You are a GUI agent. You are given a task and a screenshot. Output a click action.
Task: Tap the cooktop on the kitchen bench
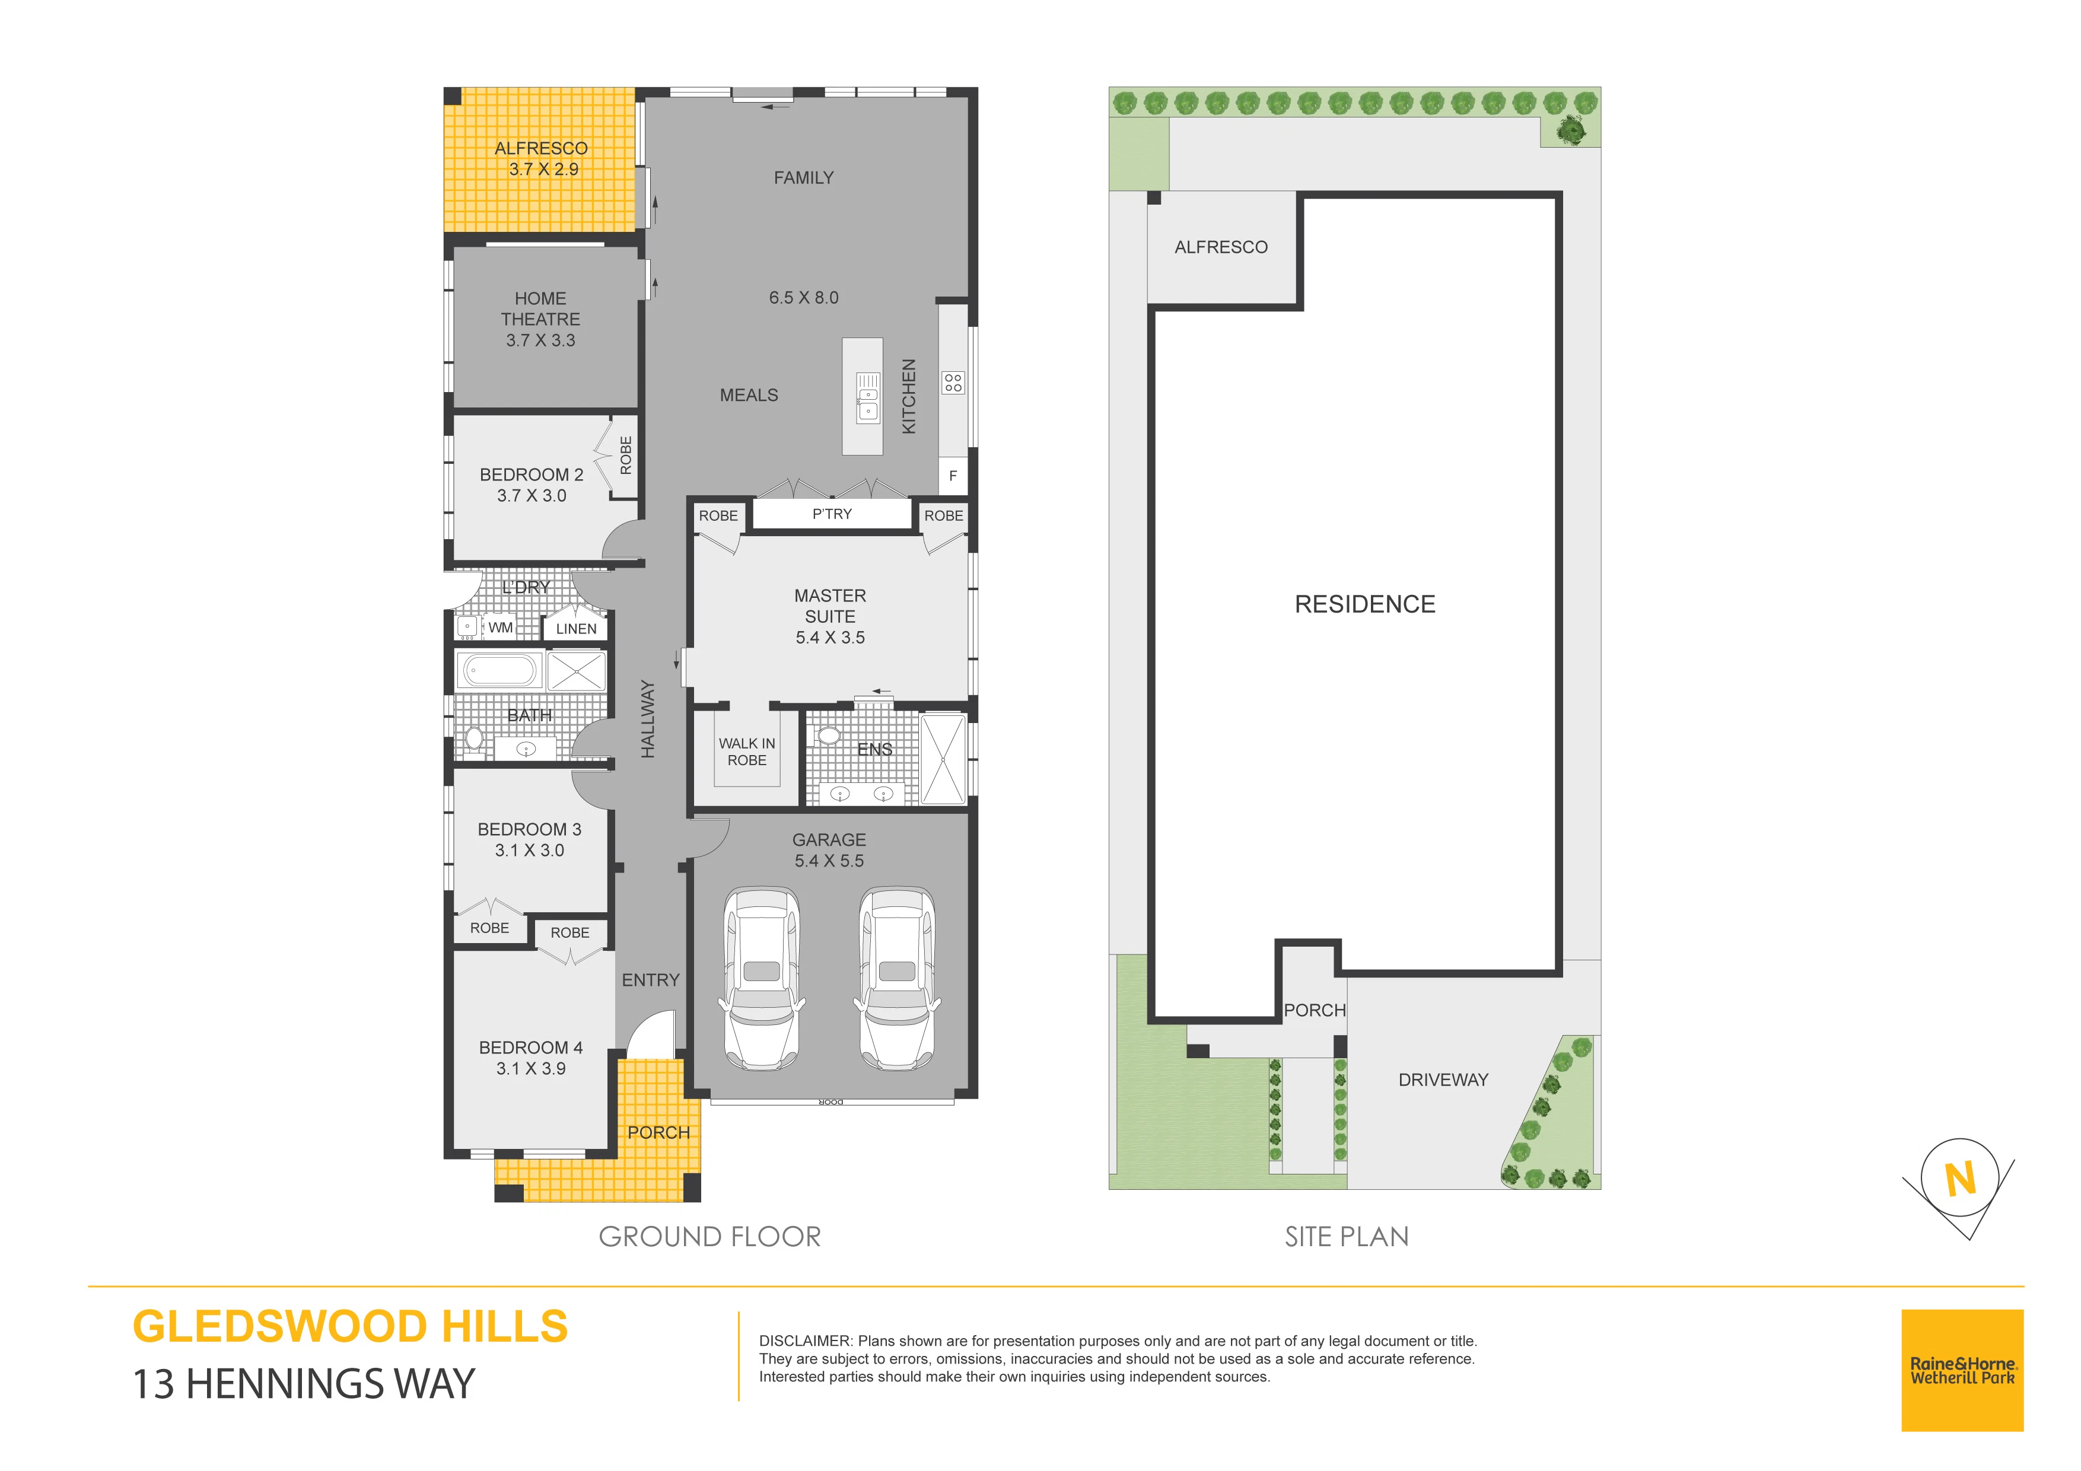click(x=953, y=383)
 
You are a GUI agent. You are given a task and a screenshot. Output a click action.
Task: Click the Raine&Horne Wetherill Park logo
click(x=1962, y=1370)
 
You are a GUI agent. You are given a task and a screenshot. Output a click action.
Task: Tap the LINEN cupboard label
click(x=577, y=629)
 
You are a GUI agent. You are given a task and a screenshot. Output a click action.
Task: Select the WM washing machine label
click(x=500, y=627)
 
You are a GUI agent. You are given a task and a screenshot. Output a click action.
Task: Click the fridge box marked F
click(x=953, y=476)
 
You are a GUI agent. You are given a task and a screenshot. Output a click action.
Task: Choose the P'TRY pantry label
click(x=832, y=514)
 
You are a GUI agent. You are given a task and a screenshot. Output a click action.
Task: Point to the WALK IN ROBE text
click(x=747, y=752)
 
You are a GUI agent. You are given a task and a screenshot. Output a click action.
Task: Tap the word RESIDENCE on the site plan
click(x=1365, y=604)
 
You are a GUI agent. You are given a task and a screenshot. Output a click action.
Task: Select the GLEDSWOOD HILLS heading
click(x=350, y=1327)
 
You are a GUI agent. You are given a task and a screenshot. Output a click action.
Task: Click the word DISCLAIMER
click(x=805, y=1341)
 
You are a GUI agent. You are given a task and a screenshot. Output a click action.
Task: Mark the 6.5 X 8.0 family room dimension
click(x=804, y=297)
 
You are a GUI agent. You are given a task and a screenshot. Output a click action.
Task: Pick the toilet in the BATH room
click(x=473, y=738)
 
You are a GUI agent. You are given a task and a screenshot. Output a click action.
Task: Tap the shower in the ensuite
click(x=943, y=759)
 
